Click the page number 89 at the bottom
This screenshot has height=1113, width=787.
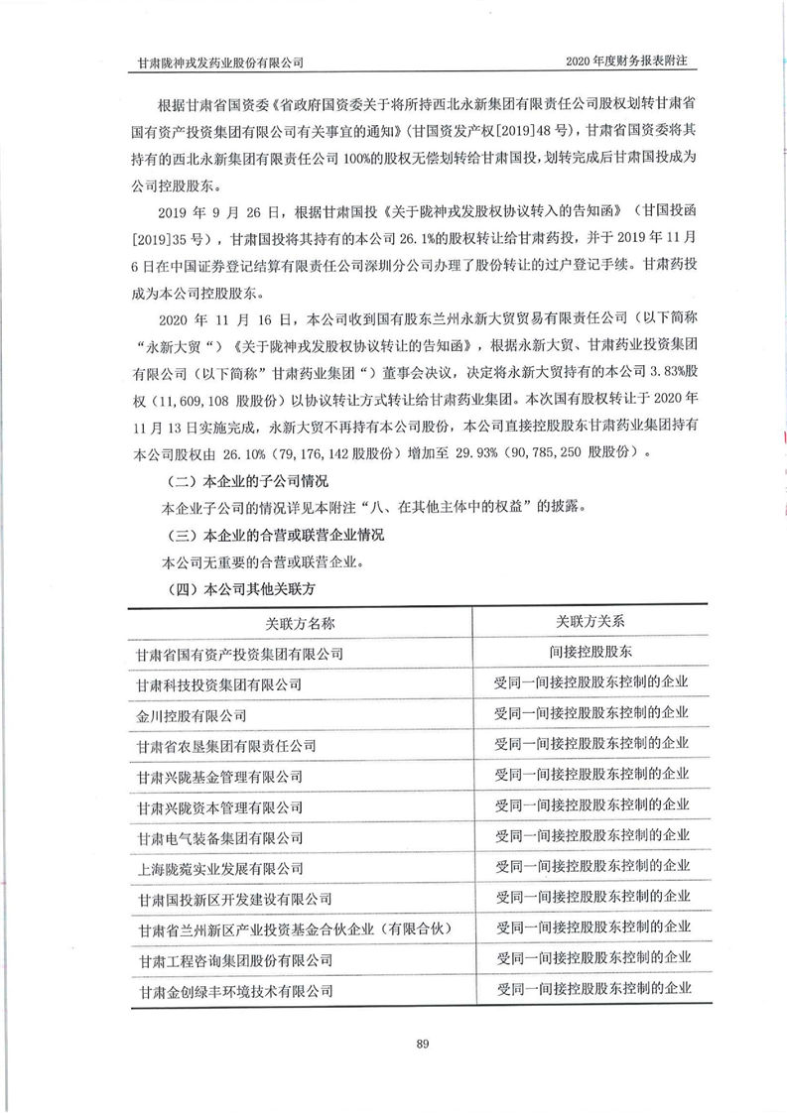point(394,1042)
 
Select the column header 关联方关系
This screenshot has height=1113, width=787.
point(590,622)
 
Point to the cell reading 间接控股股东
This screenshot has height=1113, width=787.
point(590,653)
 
